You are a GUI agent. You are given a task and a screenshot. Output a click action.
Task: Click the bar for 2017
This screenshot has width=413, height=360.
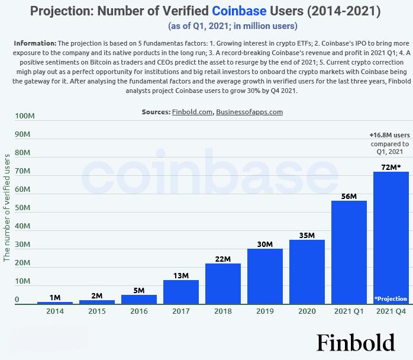(x=180, y=292)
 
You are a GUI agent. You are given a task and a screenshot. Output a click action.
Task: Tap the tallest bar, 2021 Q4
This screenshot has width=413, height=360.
(x=391, y=237)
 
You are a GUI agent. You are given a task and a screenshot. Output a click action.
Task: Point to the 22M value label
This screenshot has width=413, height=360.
(x=222, y=258)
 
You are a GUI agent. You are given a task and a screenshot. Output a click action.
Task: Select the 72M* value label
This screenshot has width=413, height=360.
(x=391, y=168)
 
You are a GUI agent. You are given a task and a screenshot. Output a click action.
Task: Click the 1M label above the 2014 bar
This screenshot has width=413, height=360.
(x=54, y=297)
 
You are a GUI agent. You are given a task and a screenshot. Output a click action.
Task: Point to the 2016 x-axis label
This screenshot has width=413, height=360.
(x=138, y=311)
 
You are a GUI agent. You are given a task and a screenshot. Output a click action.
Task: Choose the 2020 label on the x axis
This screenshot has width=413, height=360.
(x=306, y=311)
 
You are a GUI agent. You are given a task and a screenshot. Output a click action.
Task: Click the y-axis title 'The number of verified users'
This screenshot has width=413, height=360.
(x=7, y=207)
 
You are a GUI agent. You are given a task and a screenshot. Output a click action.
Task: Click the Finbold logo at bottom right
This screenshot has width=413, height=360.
(x=355, y=342)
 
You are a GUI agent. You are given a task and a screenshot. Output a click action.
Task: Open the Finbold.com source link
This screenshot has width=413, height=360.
(x=192, y=112)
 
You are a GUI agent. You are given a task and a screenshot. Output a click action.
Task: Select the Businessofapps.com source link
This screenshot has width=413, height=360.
(x=249, y=112)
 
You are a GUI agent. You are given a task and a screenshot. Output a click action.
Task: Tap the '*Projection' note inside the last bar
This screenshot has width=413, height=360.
(x=391, y=298)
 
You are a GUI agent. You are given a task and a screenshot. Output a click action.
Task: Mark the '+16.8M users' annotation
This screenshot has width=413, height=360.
(x=389, y=135)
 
